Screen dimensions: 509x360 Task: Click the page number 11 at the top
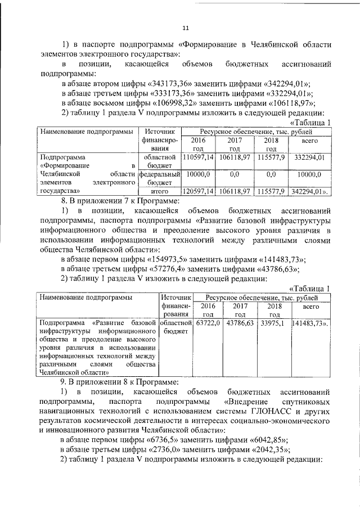pos(186,28)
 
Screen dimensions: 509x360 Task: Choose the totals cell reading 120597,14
pos(196,191)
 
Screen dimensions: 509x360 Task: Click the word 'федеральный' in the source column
pos(159,175)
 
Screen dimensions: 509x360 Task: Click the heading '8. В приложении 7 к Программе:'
pos(120,200)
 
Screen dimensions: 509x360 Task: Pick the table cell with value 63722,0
pos(208,324)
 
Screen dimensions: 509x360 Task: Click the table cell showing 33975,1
pos(274,324)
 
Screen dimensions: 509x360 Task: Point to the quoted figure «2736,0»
pos(165,449)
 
